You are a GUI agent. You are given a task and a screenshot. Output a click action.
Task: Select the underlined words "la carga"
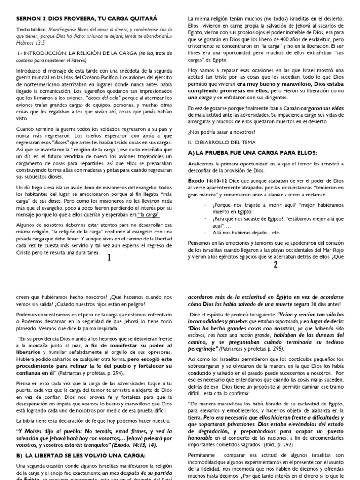(149, 215)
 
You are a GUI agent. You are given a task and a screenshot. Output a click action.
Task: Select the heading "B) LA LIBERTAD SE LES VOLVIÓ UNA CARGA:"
(81, 455)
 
